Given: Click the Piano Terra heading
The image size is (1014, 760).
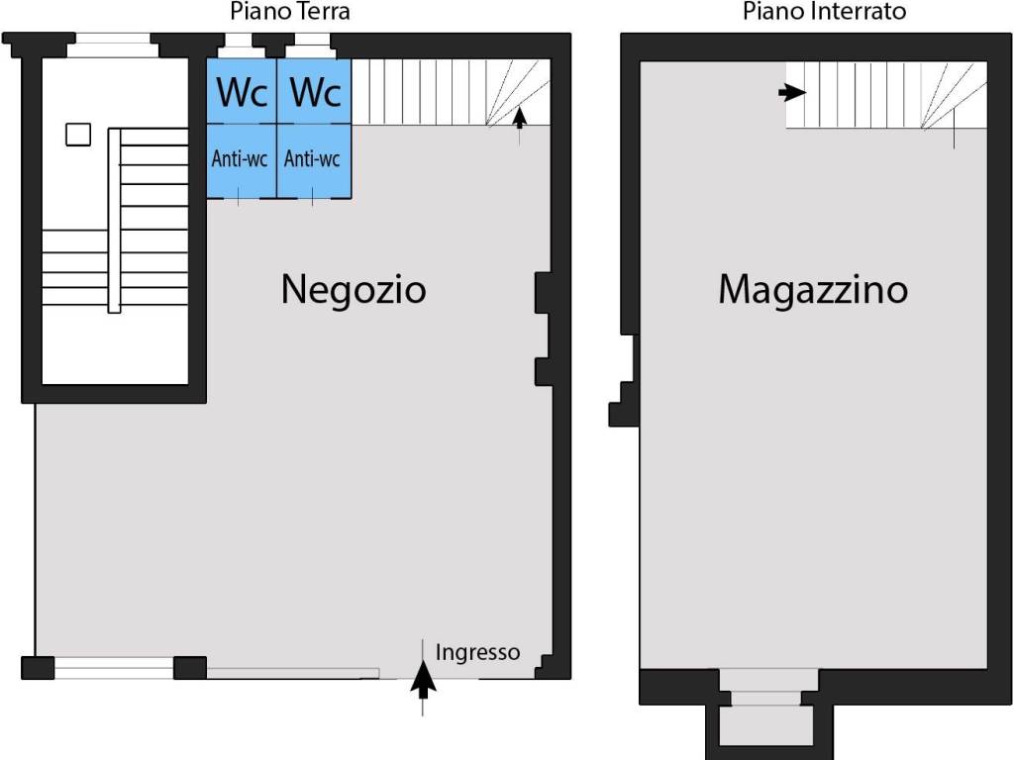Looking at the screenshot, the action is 290,11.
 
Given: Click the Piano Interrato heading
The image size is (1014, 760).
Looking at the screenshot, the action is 824,11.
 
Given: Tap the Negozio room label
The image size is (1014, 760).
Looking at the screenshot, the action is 354,289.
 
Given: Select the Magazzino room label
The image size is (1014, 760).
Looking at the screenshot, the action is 813,289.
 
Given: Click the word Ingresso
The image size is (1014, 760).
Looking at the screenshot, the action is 477,652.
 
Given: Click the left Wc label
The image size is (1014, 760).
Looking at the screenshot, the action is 242,92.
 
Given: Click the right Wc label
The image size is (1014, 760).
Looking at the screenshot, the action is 315,92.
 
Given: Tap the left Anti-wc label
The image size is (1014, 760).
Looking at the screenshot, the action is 240,159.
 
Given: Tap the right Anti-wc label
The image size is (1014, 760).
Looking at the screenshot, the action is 312,159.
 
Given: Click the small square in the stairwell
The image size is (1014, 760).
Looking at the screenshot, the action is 78,135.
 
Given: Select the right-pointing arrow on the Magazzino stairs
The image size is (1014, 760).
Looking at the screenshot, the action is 792,92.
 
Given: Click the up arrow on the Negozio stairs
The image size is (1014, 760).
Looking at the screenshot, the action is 519,119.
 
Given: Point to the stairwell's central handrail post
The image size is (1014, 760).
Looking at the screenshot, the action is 115,221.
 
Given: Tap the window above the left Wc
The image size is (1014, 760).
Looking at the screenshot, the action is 238,46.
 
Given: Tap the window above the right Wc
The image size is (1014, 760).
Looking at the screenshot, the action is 312,46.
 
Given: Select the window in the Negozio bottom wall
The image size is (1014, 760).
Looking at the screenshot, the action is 115,668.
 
